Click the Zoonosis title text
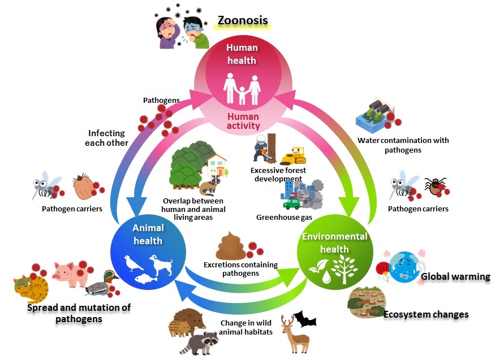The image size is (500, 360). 243,22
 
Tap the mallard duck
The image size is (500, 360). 102,283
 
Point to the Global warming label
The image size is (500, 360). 455,276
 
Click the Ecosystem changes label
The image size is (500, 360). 426,314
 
